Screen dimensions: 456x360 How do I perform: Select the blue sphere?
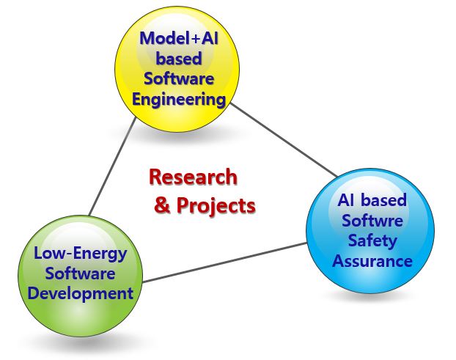[x=370, y=231]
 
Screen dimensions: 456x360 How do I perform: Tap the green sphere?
[x=80, y=276]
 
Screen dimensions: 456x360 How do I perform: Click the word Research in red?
[x=193, y=177]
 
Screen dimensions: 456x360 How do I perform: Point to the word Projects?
[x=216, y=205]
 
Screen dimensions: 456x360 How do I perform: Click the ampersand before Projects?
[x=162, y=205]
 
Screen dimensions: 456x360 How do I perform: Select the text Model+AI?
[x=179, y=38]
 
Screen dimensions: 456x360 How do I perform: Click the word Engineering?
[x=179, y=100]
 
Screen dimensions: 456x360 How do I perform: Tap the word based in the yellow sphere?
[x=179, y=59]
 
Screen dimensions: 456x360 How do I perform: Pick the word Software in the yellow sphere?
[x=179, y=78]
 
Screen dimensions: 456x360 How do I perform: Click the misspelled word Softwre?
[x=372, y=221]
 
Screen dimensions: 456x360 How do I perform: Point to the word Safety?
[x=372, y=240]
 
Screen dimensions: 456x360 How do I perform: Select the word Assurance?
[x=372, y=261]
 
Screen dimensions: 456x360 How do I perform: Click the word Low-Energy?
[x=81, y=254]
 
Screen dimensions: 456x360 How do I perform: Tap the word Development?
[x=81, y=294]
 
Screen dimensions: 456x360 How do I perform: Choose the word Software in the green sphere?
[x=80, y=273]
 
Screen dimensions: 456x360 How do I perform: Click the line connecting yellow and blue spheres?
[x=284, y=140]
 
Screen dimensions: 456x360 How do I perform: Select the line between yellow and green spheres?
[x=113, y=166]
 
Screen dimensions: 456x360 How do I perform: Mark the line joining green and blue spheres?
[x=225, y=262]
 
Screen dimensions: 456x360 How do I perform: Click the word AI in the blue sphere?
[x=347, y=200]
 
